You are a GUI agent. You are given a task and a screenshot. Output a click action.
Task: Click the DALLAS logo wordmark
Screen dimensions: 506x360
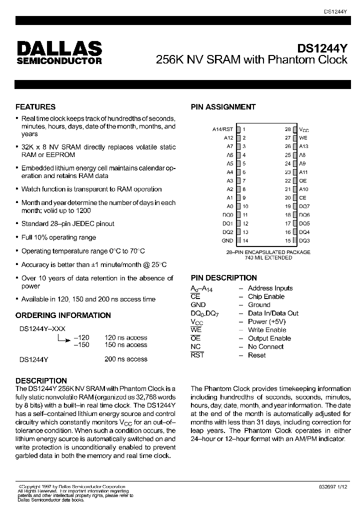(x=59, y=48)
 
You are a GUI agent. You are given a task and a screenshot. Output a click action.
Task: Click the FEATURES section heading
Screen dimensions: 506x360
(x=35, y=107)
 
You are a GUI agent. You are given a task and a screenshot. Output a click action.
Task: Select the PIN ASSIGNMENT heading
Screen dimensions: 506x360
(x=223, y=107)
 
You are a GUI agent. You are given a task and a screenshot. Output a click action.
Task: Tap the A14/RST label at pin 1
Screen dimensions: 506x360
(x=223, y=129)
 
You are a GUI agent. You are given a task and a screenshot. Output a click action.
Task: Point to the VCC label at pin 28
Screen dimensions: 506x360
(x=304, y=129)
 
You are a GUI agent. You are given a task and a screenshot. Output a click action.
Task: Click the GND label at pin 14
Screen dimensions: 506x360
(x=227, y=240)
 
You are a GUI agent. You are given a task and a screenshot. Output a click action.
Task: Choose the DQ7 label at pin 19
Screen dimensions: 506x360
(x=304, y=206)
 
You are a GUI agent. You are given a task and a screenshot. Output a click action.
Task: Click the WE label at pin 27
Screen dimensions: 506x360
(x=303, y=137)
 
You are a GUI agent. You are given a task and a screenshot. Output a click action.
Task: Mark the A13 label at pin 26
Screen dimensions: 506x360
(x=303, y=146)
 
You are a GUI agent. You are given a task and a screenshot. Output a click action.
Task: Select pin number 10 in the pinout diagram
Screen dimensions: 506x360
(x=246, y=206)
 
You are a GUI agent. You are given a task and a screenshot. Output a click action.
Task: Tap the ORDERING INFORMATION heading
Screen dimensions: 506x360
(x=63, y=315)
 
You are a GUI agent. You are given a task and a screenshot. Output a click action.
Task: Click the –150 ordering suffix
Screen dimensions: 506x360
(x=81, y=345)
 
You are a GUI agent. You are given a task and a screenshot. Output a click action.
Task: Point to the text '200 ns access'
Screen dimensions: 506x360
(x=125, y=359)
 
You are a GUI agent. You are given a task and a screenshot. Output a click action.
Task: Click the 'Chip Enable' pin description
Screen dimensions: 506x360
(x=266, y=296)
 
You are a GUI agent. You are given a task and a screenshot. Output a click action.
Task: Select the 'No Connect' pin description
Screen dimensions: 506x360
(x=265, y=346)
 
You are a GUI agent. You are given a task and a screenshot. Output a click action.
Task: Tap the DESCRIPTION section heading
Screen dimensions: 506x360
(x=41, y=381)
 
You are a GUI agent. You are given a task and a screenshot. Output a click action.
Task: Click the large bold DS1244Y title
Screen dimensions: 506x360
(x=322, y=49)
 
